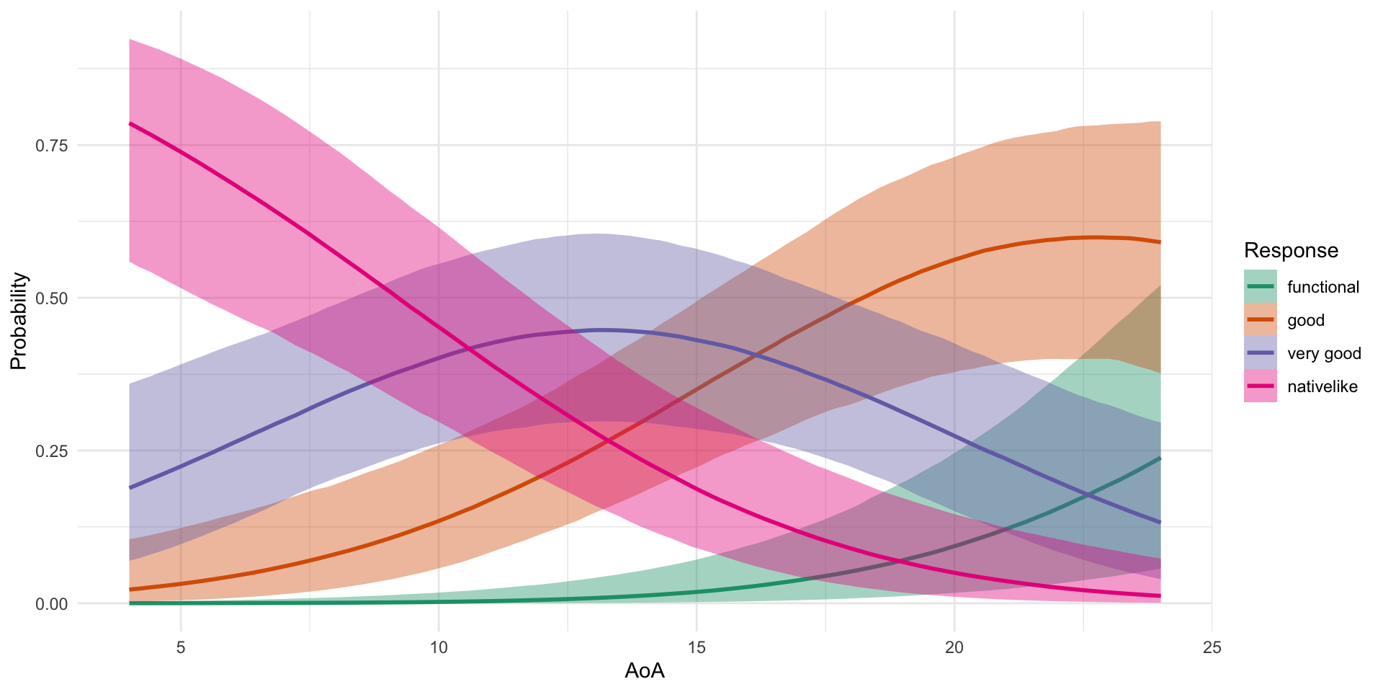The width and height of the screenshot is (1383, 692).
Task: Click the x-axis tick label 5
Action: click(x=181, y=648)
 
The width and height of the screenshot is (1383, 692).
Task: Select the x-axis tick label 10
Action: click(x=438, y=648)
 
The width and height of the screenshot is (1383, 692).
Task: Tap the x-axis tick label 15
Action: click(x=696, y=648)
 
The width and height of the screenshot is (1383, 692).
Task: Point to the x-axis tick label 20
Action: click(x=954, y=648)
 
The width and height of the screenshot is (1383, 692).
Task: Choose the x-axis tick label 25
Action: click(x=1212, y=648)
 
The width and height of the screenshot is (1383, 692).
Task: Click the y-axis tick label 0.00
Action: click(x=51, y=604)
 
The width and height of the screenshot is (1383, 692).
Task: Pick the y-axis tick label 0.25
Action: click(x=51, y=451)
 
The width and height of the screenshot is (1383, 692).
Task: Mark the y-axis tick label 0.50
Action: click(x=51, y=298)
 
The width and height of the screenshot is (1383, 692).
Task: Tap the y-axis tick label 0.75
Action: click(x=51, y=146)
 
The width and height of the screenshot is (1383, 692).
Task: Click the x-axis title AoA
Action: click(x=645, y=672)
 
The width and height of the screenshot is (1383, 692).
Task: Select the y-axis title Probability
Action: click(x=19, y=321)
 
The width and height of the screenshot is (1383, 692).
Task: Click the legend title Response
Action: click(x=1291, y=251)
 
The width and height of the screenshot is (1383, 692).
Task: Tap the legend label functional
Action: click(x=1323, y=288)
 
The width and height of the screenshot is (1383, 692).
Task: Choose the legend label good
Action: click(x=1306, y=321)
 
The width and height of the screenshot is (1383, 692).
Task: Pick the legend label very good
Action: click(x=1324, y=354)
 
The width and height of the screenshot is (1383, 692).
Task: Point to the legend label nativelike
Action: click(x=1322, y=387)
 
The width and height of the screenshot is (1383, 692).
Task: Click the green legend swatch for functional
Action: click(x=1261, y=287)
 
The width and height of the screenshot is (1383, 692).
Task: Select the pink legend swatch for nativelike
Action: click(x=1261, y=386)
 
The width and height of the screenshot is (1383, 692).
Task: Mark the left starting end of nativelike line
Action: click(x=130, y=123)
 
